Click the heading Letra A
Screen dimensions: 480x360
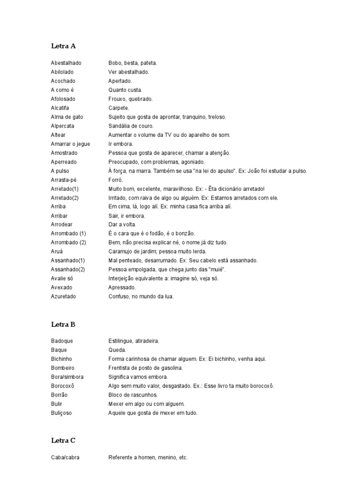click(63, 46)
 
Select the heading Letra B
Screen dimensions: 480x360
click(63, 324)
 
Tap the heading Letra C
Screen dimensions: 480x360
click(63, 441)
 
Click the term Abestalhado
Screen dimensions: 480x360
click(66, 63)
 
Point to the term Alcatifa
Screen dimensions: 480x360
click(60, 108)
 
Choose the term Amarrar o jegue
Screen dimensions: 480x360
click(70, 144)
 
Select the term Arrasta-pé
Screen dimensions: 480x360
click(64, 180)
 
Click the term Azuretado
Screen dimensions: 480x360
click(63, 297)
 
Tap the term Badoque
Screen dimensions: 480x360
click(62, 341)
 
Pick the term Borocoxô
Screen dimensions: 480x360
click(64, 386)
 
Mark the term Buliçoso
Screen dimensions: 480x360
click(62, 413)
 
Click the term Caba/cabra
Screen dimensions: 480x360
click(65, 457)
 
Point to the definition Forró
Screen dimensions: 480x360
click(115, 180)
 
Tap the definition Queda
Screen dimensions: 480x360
click(117, 350)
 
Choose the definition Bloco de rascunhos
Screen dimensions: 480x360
click(133, 395)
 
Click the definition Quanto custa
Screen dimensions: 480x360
click(125, 90)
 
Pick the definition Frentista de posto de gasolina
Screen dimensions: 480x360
click(145, 368)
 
